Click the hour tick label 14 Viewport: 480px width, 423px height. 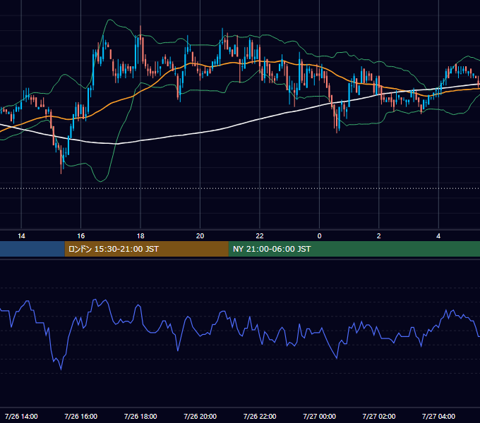click(21, 236)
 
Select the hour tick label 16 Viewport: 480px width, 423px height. click(80, 236)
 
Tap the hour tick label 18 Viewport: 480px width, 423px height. click(140, 236)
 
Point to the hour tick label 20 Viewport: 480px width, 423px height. click(200, 236)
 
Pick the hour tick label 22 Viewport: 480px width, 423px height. click(260, 236)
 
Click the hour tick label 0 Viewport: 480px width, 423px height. click(319, 236)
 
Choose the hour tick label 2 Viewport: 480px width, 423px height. click(378, 236)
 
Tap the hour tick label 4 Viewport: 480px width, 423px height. click(438, 236)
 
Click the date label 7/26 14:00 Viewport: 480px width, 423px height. click(21, 416)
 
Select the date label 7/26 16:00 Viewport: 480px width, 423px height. click(80, 416)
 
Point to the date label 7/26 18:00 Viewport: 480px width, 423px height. click(140, 416)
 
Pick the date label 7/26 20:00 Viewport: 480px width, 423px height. click(200, 416)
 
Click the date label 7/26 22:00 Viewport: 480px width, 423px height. click(260, 416)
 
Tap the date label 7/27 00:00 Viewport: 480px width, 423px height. click(319, 416)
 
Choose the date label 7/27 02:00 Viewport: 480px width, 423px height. click(378, 416)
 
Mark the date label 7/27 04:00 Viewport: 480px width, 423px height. click(438, 416)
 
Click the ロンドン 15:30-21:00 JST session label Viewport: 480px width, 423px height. click(113, 249)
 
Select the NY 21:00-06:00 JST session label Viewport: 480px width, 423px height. click(272, 249)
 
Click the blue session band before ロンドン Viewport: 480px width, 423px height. click(32, 249)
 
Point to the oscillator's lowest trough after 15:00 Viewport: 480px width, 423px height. click(61, 369)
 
